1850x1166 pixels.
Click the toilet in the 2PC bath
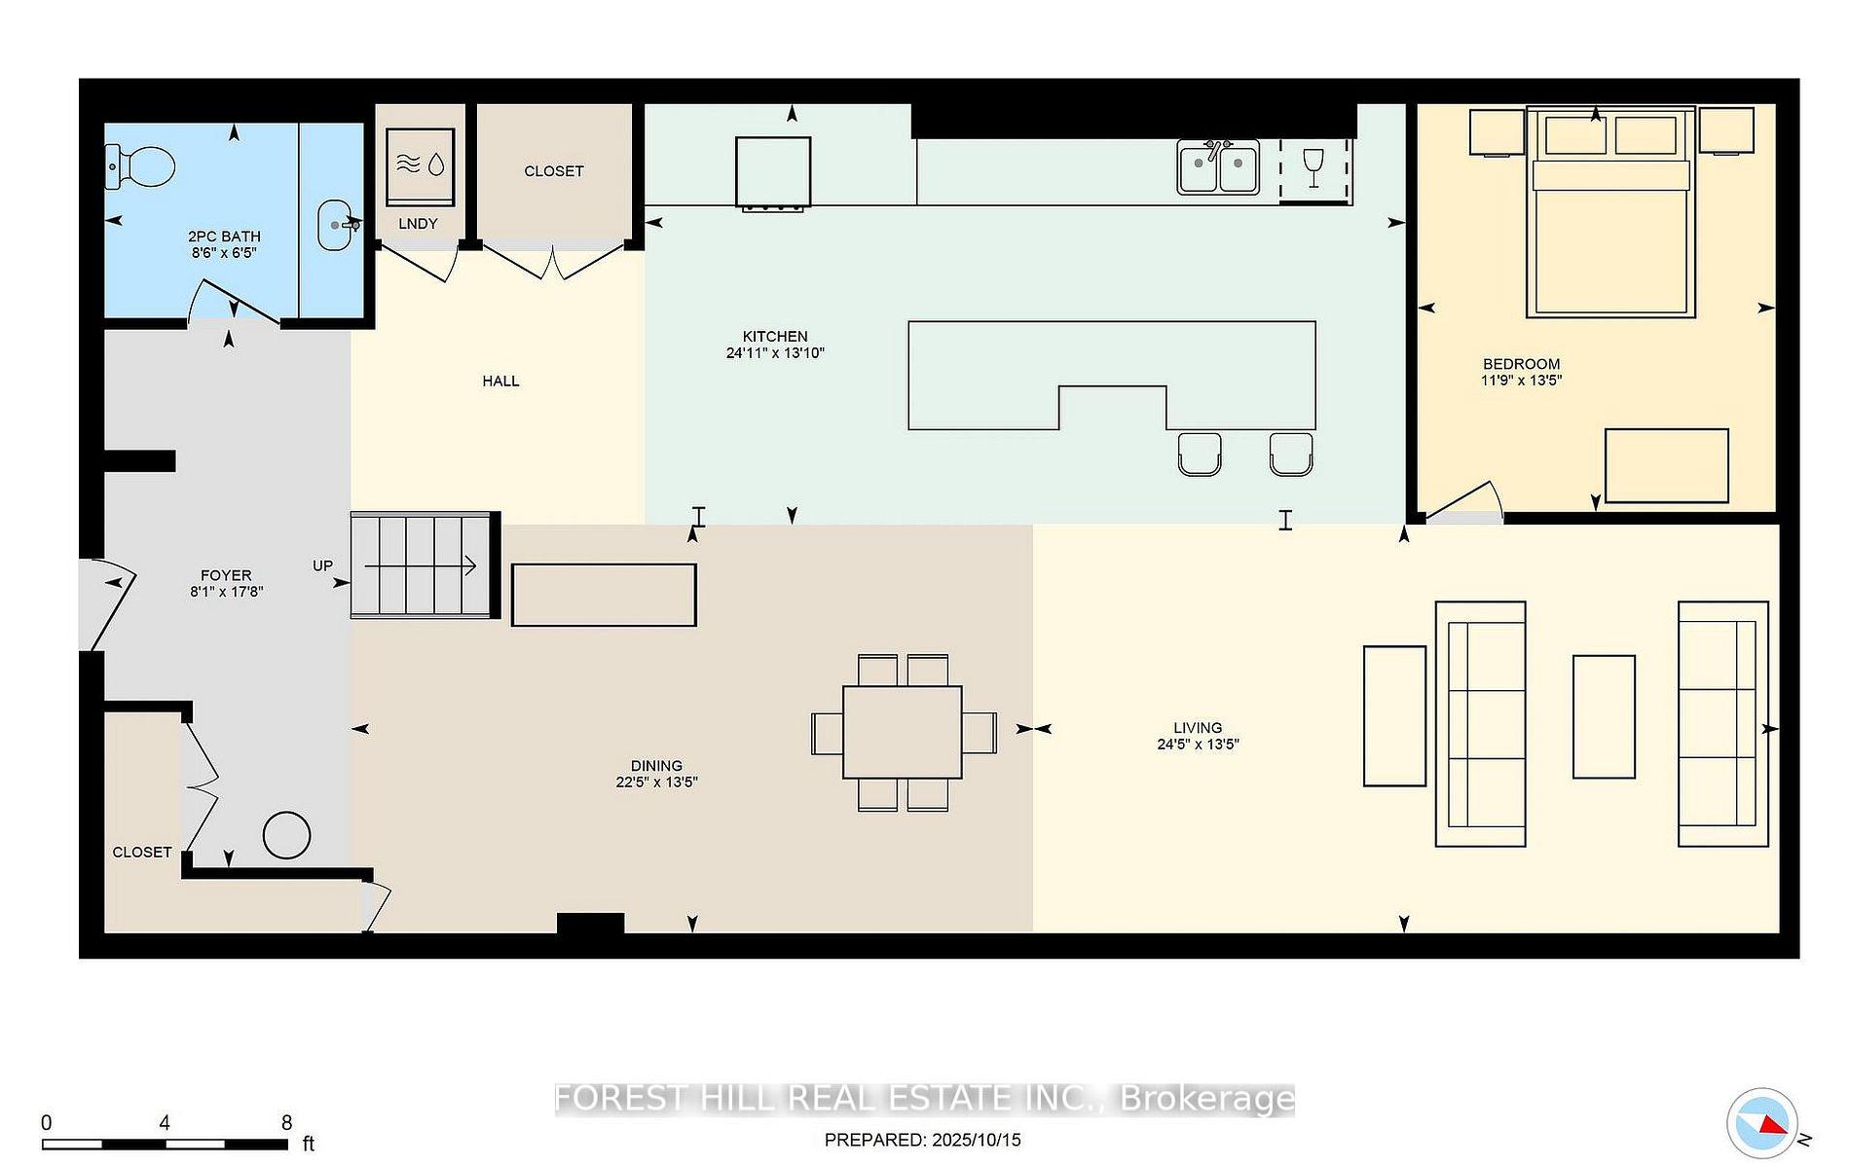(140, 166)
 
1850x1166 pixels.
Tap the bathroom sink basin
(334, 225)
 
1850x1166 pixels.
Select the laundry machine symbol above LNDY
(420, 165)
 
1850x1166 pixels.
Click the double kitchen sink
(1217, 168)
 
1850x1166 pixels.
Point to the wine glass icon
(1313, 167)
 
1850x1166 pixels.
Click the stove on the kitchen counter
(773, 172)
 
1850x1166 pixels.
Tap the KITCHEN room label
(774, 337)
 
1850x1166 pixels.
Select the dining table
(903, 732)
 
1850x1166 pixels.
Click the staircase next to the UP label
(421, 565)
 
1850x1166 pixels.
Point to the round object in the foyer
(286, 835)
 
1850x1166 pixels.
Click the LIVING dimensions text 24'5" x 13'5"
(1198, 745)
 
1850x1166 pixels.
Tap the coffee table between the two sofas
(1604, 716)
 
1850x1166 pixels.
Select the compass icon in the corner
(1762, 1122)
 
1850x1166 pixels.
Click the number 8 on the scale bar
(286, 1123)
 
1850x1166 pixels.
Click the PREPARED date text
(922, 1140)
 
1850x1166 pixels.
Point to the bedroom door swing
(1465, 502)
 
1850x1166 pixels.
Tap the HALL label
(500, 382)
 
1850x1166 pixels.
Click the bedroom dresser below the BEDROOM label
(1666, 465)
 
